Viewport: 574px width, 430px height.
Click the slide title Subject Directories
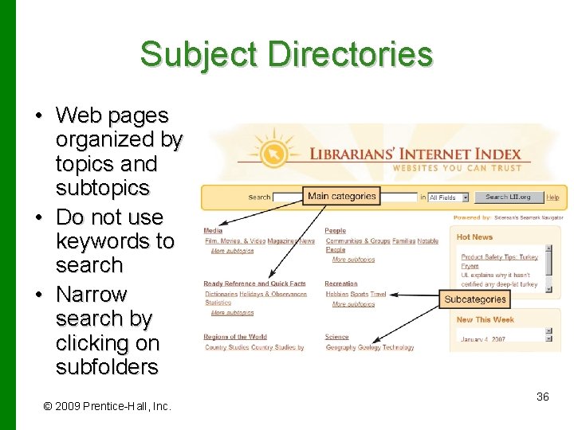[x=286, y=54]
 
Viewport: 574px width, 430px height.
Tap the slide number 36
[x=542, y=397]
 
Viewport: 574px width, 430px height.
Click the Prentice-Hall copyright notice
[x=107, y=406]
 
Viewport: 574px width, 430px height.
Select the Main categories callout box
[x=341, y=196]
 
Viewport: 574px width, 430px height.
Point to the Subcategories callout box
[x=475, y=299]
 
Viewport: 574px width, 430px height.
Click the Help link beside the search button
[x=552, y=197]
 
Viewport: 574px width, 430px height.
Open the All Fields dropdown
[x=449, y=197]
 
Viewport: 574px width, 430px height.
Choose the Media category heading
[x=213, y=231]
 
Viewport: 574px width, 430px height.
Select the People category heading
[x=336, y=231]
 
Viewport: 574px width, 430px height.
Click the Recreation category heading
[x=340, y=283]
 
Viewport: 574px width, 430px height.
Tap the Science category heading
[x=336, y=337]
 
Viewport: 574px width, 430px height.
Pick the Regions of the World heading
[x=235, y=337]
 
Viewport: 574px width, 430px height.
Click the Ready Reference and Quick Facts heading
[x=254, y=283]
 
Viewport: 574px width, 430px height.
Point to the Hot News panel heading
[x=475, y=236]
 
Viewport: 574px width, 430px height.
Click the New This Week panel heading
[x=485, y=320]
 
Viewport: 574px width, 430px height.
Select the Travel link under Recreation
[x=379, y=294]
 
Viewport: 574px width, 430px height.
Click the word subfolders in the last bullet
[x=107, y=367]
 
